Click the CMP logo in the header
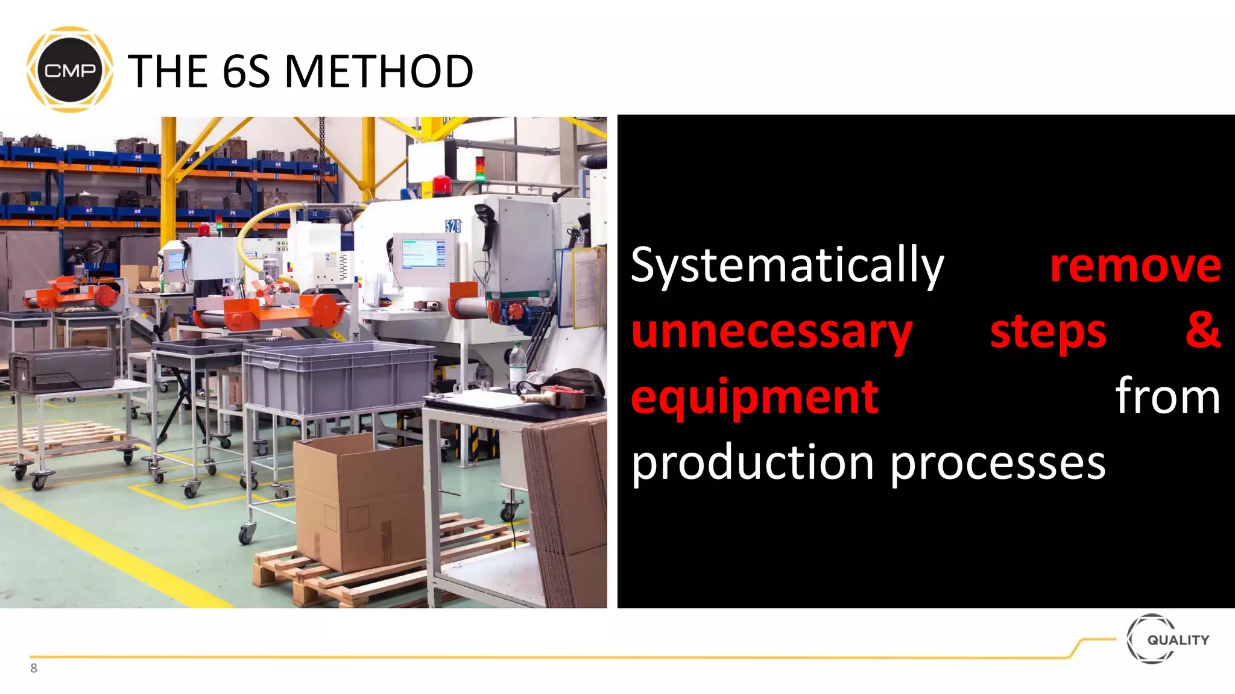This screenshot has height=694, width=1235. (x=70, y=70)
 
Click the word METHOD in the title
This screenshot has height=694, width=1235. (x=379, y=71)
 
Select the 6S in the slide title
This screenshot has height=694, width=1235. (x=246, y=71)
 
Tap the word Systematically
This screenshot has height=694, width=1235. (x=787, y=266)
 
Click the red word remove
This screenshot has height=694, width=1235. (x=1136, y=266)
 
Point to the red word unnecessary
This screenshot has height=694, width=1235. (x=772, y=333)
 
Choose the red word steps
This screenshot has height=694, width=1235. (x=1048, y=333)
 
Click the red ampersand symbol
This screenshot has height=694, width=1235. (x=1203, y=330)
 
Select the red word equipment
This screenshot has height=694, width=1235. (x=755, y=398)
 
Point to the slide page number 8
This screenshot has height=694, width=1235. (x=34, y=668)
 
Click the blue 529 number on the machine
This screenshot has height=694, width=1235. (x=453, y=226)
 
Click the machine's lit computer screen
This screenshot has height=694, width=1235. (x=420, y=254)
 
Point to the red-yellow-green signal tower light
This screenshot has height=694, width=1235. (x=480, y=168)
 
